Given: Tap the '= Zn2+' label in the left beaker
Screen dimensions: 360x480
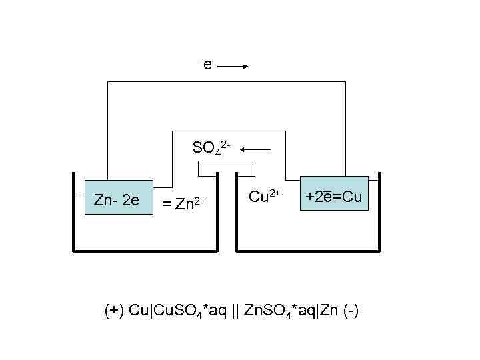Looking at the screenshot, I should click(x=183, y=201).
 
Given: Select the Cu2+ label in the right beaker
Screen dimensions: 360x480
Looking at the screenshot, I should click(x=265, y=196).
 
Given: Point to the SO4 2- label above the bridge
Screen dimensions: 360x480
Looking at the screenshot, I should click(x=211, y=147).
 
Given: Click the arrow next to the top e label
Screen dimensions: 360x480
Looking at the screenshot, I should click(x=233, y=66).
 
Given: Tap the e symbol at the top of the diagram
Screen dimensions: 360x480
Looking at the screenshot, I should click(x=207, y=65).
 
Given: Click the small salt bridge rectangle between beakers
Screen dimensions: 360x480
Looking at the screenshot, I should click(x=227, y=169).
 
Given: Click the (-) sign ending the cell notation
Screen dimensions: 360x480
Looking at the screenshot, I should click(x=351, y=311).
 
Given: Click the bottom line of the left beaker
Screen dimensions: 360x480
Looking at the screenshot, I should click(x=145, y=251).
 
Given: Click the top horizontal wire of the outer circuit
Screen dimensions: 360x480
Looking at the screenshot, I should click(x=227, y=82).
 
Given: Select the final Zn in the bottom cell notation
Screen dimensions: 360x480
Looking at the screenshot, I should click(x=329, y=311).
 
